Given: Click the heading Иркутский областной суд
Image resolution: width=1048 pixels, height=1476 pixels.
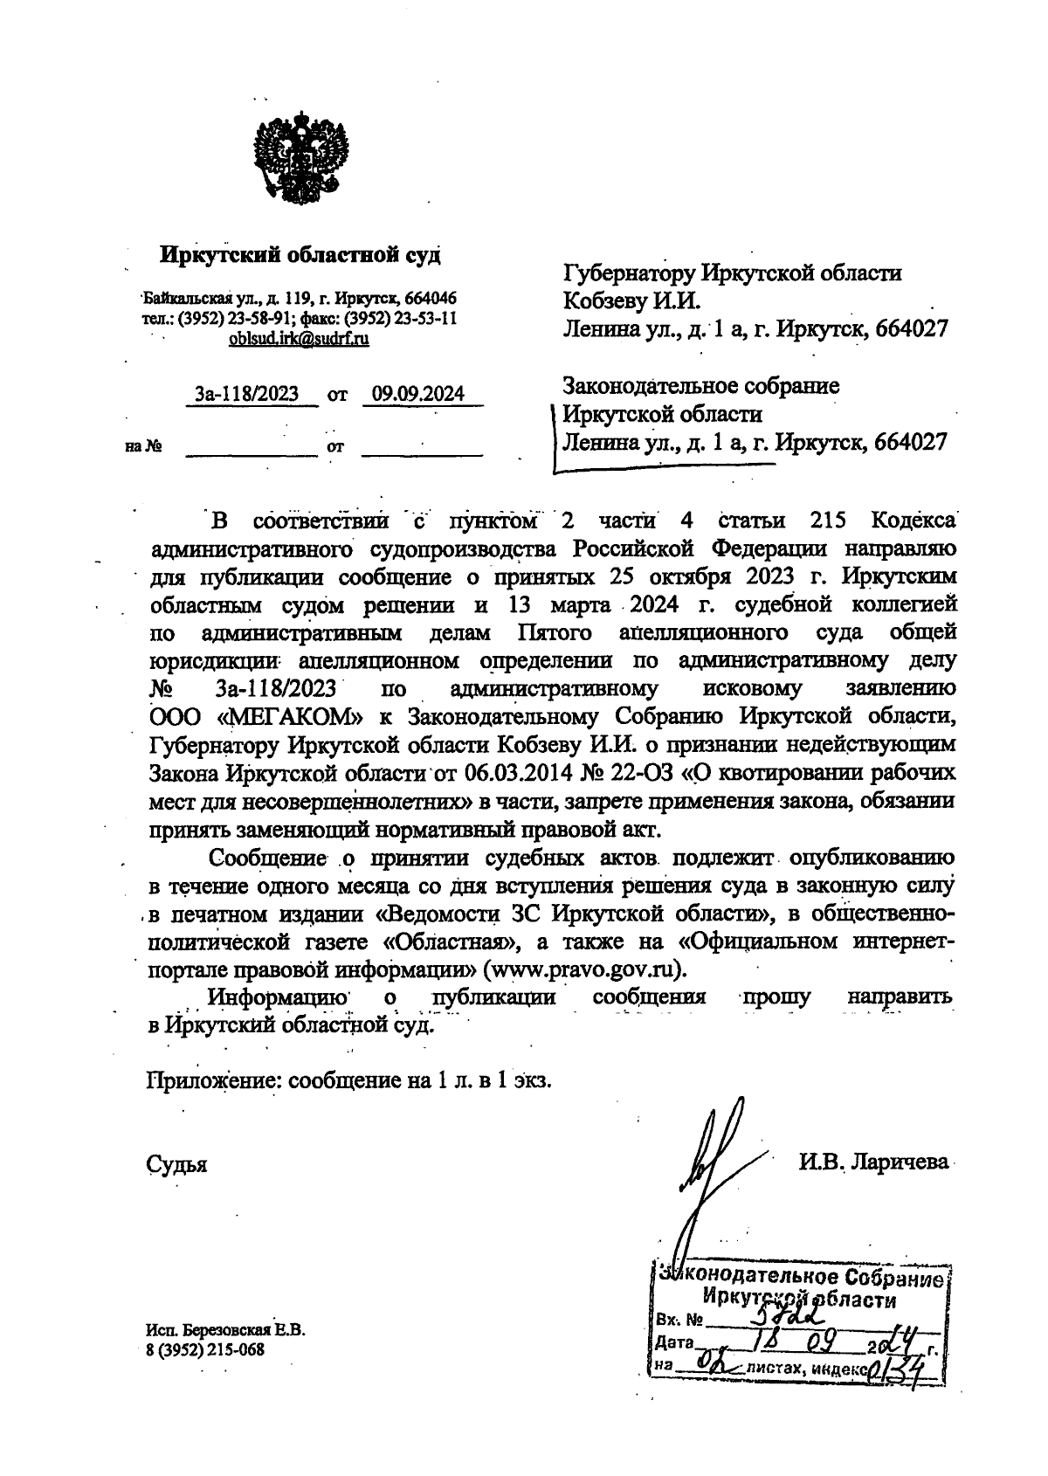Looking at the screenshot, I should [300, 255].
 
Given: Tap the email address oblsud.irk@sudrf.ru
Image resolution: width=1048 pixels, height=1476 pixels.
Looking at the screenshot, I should [299, 338].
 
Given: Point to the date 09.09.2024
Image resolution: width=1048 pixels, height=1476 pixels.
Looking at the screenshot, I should [418, 394].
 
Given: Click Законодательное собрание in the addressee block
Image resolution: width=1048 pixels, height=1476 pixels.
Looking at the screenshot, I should [701, 385].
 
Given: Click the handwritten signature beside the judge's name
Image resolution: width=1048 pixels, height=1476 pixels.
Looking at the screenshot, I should [709, 1170].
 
